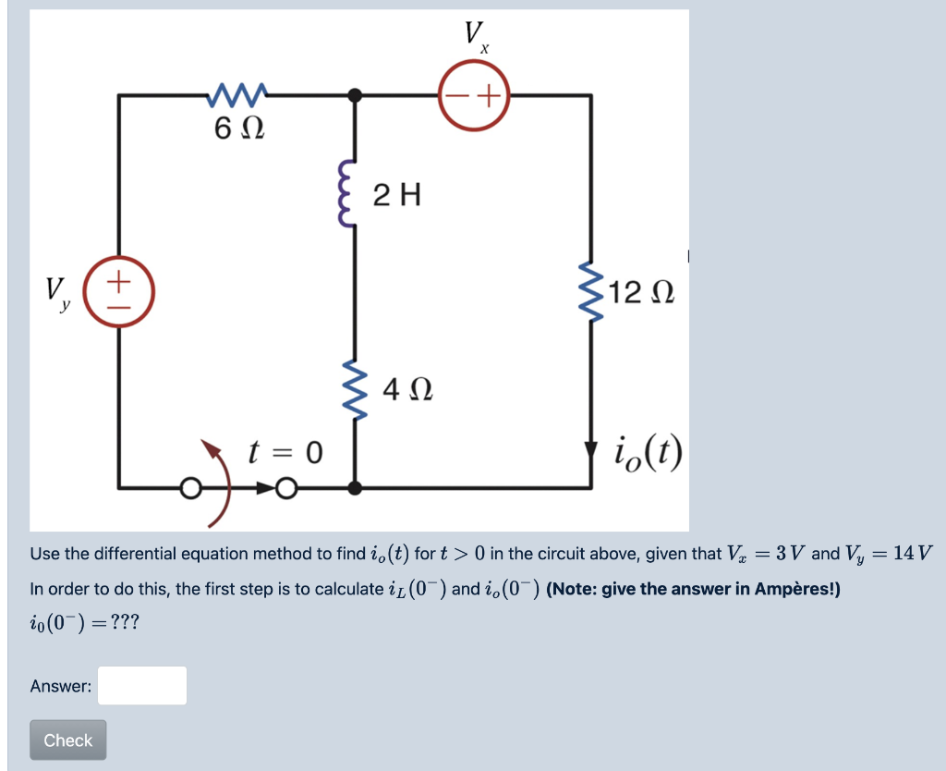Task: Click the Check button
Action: [67, 740]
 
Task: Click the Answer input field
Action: [142, 686]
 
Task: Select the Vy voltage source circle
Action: [119, 288]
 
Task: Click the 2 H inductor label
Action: [397, 195]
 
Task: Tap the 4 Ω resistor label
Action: [407, 391]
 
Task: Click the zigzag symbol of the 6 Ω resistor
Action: [238, 93]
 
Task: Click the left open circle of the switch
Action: [190, 486]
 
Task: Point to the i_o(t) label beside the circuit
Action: [648, 452]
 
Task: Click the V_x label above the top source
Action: [477, 37]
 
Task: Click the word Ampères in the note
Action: [795, 589]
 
